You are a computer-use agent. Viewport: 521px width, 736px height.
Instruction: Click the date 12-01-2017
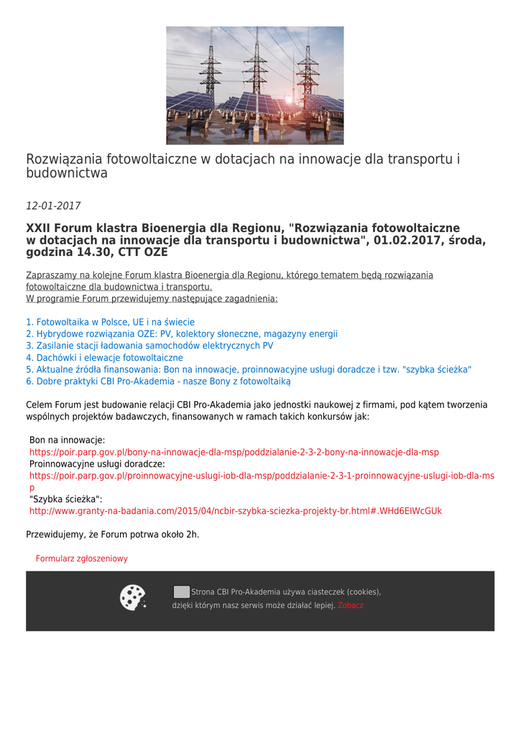click(x=53, y=206)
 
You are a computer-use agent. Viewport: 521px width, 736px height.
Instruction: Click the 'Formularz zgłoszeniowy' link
click(x=82, y=558)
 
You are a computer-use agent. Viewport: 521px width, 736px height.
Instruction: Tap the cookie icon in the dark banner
click(x=132, y=597)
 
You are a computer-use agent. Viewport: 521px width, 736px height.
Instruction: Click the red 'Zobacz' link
click(x=351, y=605)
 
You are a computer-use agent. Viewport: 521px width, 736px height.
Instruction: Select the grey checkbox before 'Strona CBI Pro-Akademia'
click(x=182, y=592)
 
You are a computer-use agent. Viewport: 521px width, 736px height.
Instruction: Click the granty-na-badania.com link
click(x=236, y=511)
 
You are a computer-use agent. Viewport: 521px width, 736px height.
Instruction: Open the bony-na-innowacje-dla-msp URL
click(x=234, y=452)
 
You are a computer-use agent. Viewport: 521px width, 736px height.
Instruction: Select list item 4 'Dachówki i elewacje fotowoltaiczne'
click(x=104, y=357)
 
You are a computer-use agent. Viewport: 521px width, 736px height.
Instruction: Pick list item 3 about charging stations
click(x=149, y=346)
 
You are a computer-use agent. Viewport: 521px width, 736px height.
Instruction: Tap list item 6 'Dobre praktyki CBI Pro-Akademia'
click(x=158, y=381)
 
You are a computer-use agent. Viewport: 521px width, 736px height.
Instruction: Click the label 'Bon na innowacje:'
click(x=67, y=440)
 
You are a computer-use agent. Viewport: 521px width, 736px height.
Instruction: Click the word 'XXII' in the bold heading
click(x=40, y=229)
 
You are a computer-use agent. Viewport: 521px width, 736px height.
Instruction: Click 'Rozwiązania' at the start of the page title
click(x=65, y=159)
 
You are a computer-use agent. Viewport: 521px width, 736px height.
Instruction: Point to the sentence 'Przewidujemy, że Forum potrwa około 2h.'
click(x=113, y=535)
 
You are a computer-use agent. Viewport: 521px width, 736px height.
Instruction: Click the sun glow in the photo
click(x=290, y=100)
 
